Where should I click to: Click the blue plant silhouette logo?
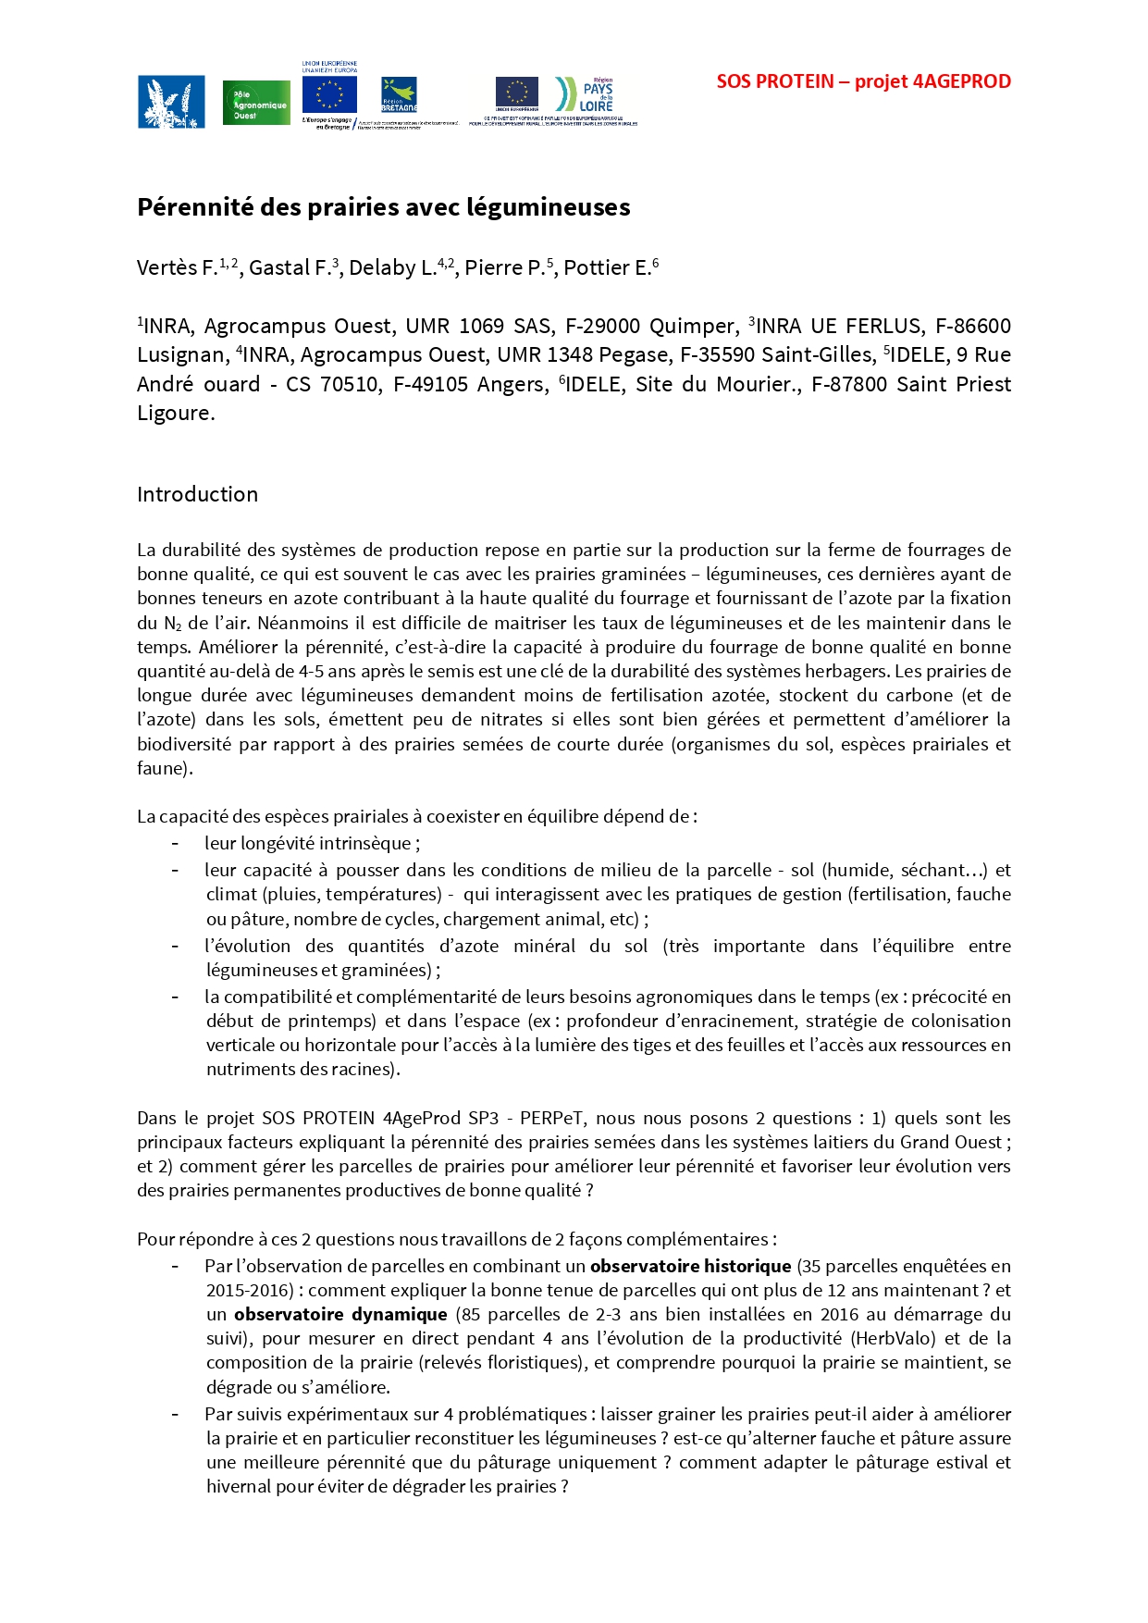[171, 102]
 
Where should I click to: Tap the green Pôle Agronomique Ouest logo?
[256, 103]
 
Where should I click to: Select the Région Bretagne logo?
[399, 94]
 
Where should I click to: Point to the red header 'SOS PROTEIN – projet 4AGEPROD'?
[863, 81]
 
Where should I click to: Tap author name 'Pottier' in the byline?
[597, 268]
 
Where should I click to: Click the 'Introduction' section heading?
[197, 494]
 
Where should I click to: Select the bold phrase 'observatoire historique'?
[690, 1266]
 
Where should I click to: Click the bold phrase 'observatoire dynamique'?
[340, 1314]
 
